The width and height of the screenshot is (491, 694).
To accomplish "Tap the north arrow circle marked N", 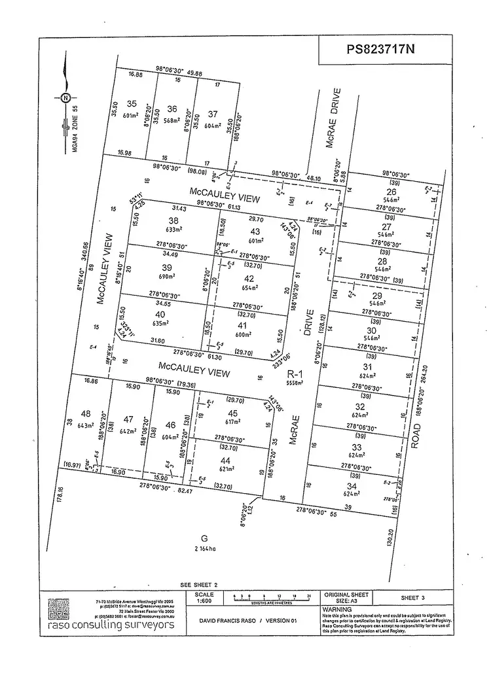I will coord(65,98).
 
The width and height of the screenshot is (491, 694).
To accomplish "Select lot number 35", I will coord(132,104).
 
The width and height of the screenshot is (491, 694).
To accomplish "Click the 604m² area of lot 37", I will coord(213,126).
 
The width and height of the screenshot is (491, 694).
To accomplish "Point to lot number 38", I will coord(173,220).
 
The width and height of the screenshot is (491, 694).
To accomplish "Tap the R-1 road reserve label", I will coord(296,375).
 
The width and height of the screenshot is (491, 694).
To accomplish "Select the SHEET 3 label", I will coord(413,598).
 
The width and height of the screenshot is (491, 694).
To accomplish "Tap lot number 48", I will coord(86,414).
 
